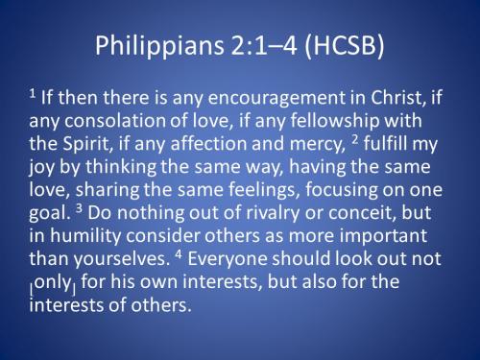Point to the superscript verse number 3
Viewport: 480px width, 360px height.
coord(73,205)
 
